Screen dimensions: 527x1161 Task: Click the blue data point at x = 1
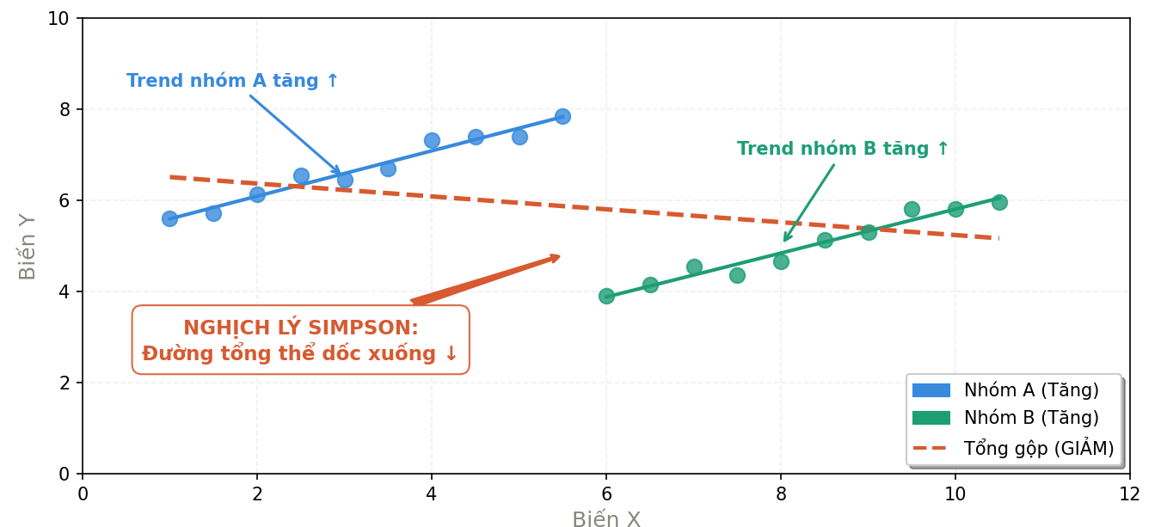(x=169, y=218)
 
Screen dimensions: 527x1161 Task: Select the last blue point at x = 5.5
(x=562, y=116)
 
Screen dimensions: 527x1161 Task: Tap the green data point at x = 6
(x=606, y=296)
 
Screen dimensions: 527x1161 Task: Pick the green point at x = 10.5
(x=999, y=202)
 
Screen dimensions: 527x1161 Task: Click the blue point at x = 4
(x=432, y=140)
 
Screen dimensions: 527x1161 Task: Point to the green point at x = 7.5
(x=737, y=275)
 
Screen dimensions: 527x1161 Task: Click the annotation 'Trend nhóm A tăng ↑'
(x=233, y=82)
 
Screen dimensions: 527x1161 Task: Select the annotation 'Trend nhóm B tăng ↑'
(x=843, y=149)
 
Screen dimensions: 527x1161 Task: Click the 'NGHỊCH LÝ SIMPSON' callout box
(x=301, y=340)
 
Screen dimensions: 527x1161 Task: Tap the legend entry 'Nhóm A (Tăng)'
(x=1031, y=390)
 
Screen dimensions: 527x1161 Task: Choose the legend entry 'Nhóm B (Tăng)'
(x=1031, y=419)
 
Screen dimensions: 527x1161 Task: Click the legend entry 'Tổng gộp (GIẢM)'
(x=1038, y=448)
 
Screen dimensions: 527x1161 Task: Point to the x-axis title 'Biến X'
(x=606, y=519)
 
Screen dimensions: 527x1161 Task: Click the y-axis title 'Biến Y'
(x=28, y=246)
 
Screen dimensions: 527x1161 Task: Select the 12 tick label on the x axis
(x=1129, y=493)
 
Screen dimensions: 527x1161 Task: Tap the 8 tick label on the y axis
(x=64, y=110)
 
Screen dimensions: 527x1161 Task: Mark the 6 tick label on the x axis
(x=606, y=493)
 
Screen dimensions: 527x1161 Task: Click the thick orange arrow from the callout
(x=486, y=279)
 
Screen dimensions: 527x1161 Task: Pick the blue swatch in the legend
(x=931, y=390)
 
